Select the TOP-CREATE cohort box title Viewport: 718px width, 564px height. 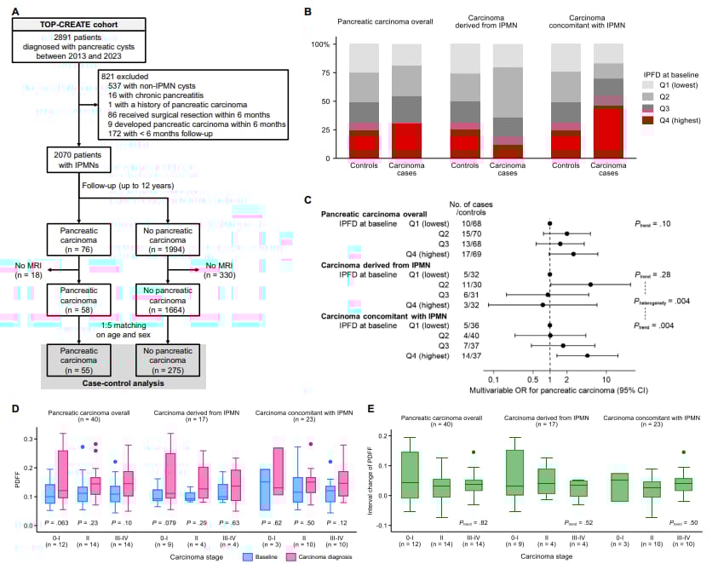(78, 26)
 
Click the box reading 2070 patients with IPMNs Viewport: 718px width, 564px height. (78, 159)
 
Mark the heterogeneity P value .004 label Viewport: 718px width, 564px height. (663, 300)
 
